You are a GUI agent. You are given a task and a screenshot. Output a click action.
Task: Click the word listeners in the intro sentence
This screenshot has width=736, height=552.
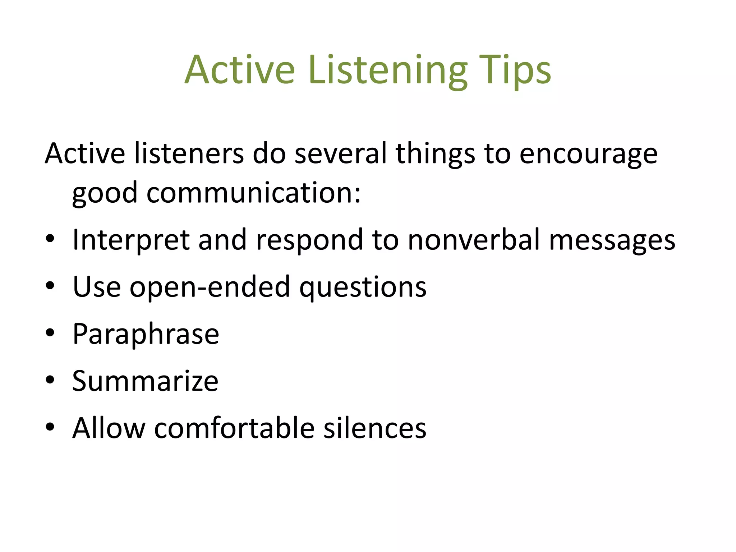(x=189, y=154)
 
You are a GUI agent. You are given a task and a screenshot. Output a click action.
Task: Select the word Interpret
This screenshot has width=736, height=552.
(x=131, y=240)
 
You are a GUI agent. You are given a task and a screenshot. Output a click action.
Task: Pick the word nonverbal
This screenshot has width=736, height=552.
(x=474, y=240)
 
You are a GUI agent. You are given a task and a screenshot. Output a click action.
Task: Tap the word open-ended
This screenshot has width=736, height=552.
(x=210, y=287)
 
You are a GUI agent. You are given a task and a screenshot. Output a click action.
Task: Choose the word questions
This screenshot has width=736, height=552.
(x=363, y=288)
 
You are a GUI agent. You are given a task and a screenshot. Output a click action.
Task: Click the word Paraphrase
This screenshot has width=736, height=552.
(x=146, y=335)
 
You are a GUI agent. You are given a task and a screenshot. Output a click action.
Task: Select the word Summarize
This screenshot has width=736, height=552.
(x=145, y=381)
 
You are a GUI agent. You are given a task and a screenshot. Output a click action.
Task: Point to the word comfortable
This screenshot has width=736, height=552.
(x=234, y=428)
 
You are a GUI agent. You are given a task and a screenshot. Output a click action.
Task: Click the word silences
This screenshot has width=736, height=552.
(x=375, y=428)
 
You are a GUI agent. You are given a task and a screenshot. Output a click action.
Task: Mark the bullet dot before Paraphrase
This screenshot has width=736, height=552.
(x=50, y=333)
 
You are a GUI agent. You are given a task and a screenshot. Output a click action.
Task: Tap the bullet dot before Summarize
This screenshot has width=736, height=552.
(x=50, y=380)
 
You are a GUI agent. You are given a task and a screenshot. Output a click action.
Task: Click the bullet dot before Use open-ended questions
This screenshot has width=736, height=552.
(x=50, y=286)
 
